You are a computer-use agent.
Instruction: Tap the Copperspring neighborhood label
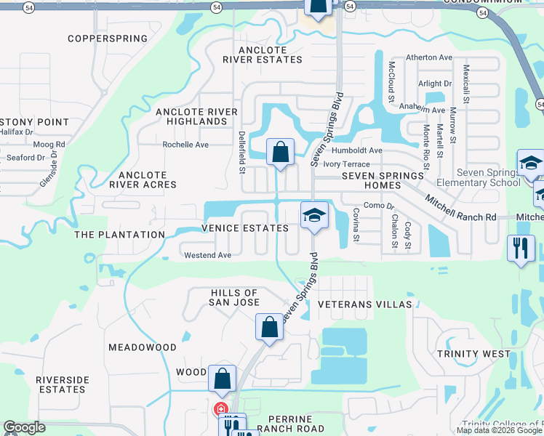pos(107,39)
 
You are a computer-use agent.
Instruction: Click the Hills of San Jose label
pos(234,297)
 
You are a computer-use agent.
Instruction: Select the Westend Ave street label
pos(207,255)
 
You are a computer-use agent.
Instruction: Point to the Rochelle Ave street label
pos(185,145)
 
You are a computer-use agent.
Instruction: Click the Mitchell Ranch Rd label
pos(460,207)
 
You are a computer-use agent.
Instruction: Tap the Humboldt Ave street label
pos(356,150)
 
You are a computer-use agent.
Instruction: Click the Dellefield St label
pos(241,153)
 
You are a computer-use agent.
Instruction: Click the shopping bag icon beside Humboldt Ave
pos(280,153)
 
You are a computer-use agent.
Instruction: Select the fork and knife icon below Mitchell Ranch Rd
pos(521,248)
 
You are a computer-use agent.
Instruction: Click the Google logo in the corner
pos(24,427)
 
